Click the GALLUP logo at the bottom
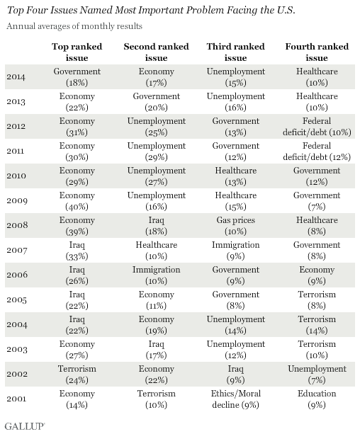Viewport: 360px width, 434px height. (x=25, y=426)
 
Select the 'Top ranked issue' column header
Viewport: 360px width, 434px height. (x=77, y=52)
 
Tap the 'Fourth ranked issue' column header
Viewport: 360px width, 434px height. (x=317, y=52)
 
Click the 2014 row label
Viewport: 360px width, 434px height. (x=16, y=77)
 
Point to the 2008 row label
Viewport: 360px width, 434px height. (x=17, y=225)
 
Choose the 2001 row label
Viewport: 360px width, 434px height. (x=16, y=399)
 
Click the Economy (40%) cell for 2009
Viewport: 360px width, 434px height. (x=77, y=201)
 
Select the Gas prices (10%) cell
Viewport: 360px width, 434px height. (x=235, y=226)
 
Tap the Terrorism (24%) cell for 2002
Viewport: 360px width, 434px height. (x=77, y=375)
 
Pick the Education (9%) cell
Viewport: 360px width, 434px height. (x=317, y=399)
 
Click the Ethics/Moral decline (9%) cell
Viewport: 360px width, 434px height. (x=235, y=399)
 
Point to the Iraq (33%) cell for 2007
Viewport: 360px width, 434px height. (x=77, y=251)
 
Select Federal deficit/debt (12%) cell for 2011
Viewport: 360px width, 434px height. (x=317, y=152)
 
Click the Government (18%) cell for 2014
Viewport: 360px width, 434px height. (x=77, y=77)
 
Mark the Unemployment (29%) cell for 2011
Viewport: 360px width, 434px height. (x=157, y=152)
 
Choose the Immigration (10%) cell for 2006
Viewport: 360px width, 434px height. (x=157, y=275)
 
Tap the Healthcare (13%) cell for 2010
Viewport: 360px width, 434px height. (x=235, y=176)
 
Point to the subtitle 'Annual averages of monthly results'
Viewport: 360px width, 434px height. (x=74, y=26)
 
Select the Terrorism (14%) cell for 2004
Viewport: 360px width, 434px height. (x=317, y=325)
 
